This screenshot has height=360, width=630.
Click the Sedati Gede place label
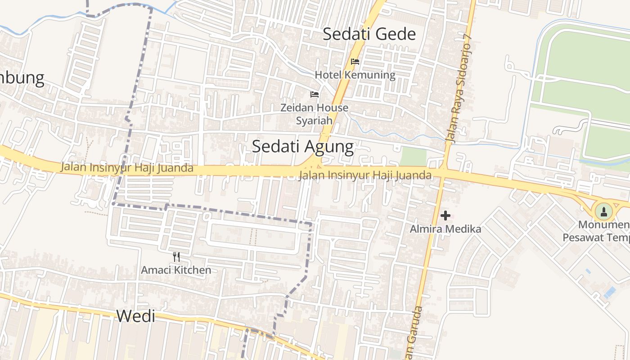pos(369,34)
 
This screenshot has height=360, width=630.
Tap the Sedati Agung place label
pos(302,146)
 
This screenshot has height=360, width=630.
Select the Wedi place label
pos(135,316)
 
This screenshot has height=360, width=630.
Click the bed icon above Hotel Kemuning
pos(355,62)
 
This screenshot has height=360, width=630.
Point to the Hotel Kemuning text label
pos(355,75)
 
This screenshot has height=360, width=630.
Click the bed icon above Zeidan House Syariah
pos(315,94)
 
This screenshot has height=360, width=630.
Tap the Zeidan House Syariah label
pos(314,114)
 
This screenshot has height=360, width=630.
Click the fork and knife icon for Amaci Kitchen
pos(176,257)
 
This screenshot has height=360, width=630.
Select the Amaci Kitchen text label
pos(176,270)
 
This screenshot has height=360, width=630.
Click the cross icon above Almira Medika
pos(445,216)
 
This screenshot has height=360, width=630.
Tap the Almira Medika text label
pos(445,229)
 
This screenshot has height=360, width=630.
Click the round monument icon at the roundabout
pos(603,211)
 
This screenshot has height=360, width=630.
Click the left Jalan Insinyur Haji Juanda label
pos(127,167)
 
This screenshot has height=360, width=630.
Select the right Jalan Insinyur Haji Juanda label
pos(365,175)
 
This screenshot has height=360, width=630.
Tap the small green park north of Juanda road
pos(413,156)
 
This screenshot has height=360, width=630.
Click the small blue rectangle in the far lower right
pos(610,292)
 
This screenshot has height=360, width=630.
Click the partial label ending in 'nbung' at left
pos(22,78)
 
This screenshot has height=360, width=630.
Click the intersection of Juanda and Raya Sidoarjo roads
pos(442,174)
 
